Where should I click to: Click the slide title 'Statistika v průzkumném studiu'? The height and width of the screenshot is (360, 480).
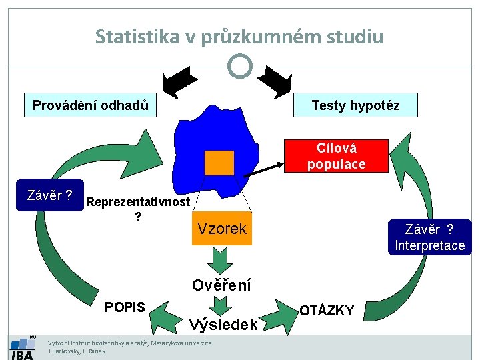[239, 36]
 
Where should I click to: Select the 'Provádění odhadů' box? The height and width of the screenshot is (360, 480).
[90, 105]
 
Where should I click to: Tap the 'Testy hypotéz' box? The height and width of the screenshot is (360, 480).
[355, 105]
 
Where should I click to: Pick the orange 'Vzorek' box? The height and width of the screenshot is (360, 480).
[221, 229]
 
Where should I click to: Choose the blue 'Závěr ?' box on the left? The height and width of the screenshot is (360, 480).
[50, 195]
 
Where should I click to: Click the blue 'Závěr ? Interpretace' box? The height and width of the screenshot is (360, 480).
[429, 237]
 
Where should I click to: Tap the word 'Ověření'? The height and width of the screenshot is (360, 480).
[221, 285]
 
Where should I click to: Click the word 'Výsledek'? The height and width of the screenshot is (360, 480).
[223, 325]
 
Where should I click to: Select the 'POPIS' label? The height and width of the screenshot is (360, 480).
[125, 307]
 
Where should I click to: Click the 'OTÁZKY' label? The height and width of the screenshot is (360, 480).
[327, 310]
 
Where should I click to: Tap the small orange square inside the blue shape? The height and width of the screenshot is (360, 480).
[219, 163]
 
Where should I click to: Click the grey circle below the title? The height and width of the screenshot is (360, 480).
[240, 66]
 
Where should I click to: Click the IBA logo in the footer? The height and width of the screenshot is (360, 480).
[22, 349]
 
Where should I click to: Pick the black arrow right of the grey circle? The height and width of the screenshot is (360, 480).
[274, 81]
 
